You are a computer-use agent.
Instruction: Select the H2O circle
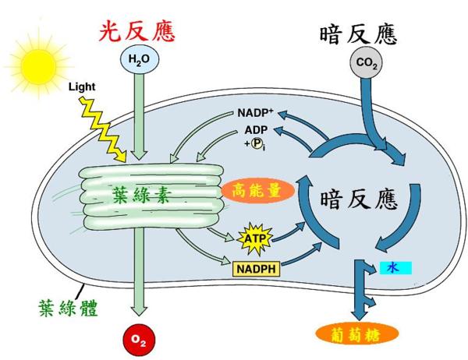pyautogui.click(x=136, y=58)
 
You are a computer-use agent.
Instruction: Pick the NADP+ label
pyautogui.click(x=257, y=114)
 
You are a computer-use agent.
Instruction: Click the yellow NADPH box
pyautogui.click(x=257, y=269)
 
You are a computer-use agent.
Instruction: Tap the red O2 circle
pyautogui.click(x=136, y=339)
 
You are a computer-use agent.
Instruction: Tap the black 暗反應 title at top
pyautogui.click(x=359, y=34)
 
